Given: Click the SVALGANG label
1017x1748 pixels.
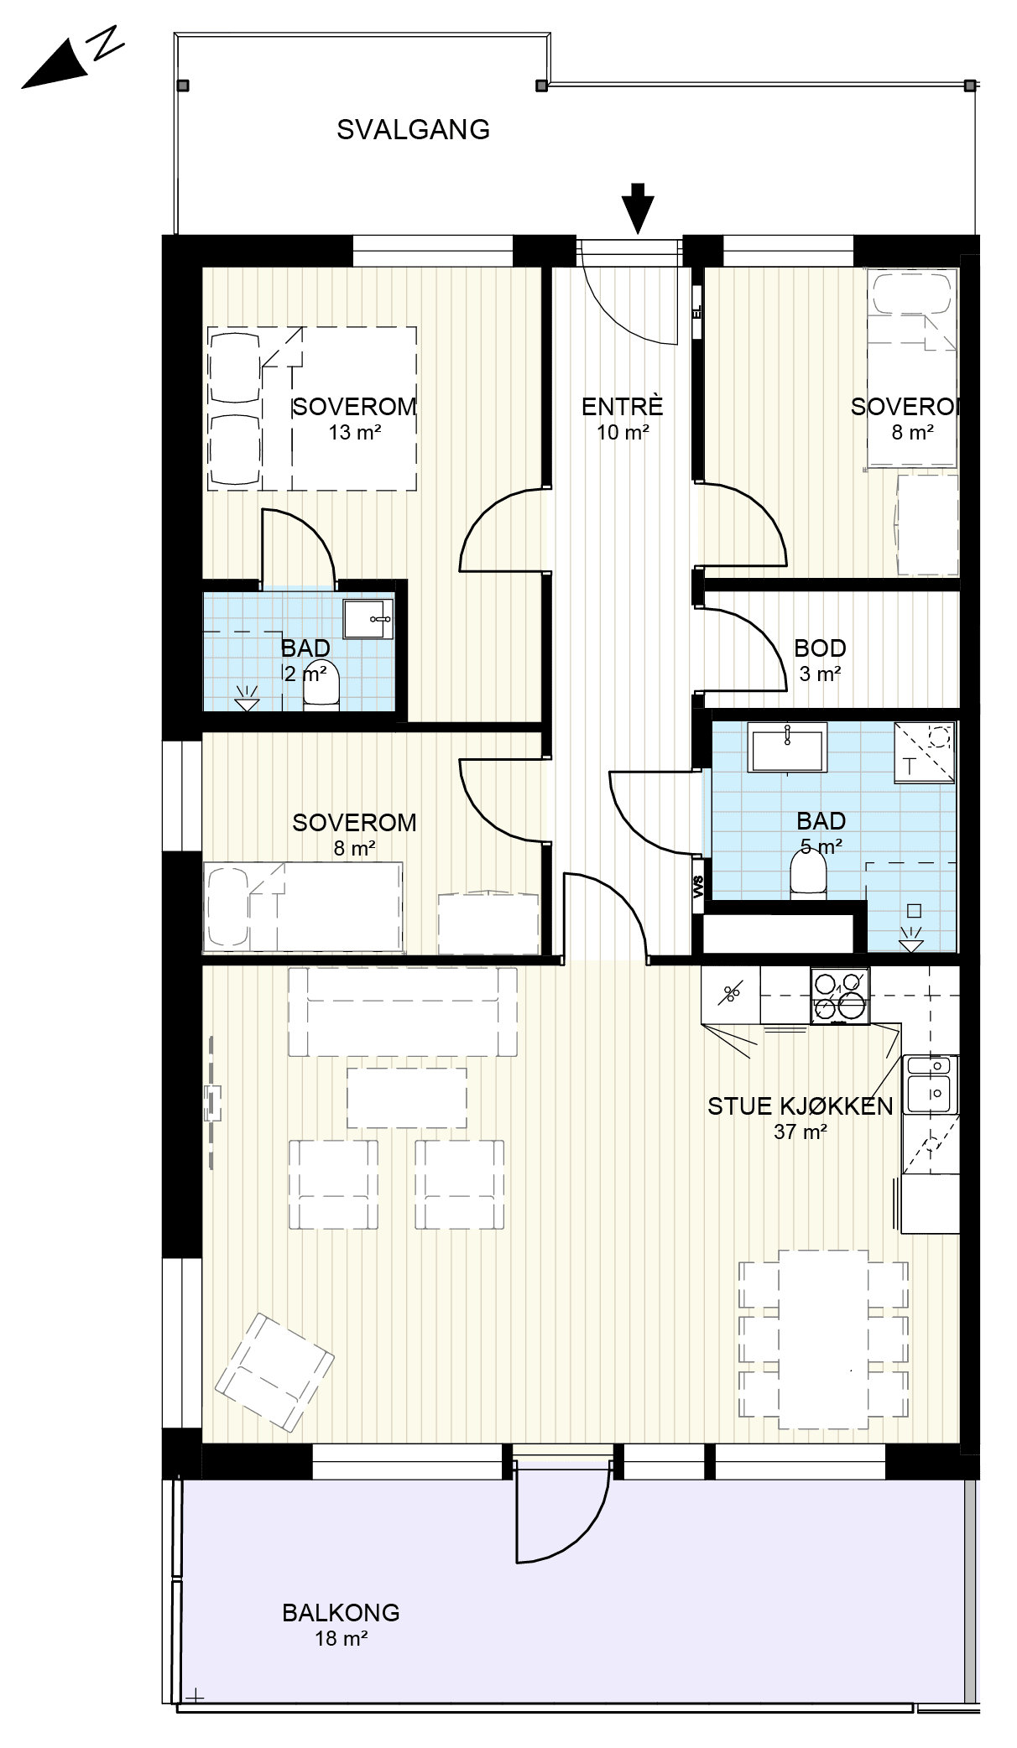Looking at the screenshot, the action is [x=413, y=129].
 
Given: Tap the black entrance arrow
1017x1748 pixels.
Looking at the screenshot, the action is [x=639, y=207].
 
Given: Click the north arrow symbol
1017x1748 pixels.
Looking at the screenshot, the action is [x=71, y=58].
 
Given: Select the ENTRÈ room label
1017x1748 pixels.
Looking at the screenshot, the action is [x=623, y=406].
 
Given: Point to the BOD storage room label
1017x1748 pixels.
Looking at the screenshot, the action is [x=820, y=648].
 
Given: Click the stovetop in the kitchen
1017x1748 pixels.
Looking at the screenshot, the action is [x=839, y=995].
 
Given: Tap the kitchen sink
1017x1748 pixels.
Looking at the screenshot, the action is [x=930, y=1084].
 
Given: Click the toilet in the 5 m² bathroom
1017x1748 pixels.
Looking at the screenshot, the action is [x=809, y=877].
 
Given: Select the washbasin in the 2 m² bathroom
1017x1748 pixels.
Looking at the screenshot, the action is [x=368, y=618].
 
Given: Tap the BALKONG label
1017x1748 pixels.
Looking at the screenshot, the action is [x=341, y=1612].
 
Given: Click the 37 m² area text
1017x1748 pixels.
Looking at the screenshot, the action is [x=801, y=1132].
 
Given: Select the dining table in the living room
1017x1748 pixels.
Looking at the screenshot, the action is [x=823, y=1340].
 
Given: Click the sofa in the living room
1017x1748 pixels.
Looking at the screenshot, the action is [x=403, y=1012].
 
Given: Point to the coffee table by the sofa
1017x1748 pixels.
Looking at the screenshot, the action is [x=407, y=1098].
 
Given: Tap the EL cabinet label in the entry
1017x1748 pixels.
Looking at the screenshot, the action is [x=696, y=312].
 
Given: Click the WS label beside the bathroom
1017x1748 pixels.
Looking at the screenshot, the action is [x=698, y=887].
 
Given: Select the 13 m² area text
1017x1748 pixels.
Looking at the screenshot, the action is [x=355, y=433].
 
